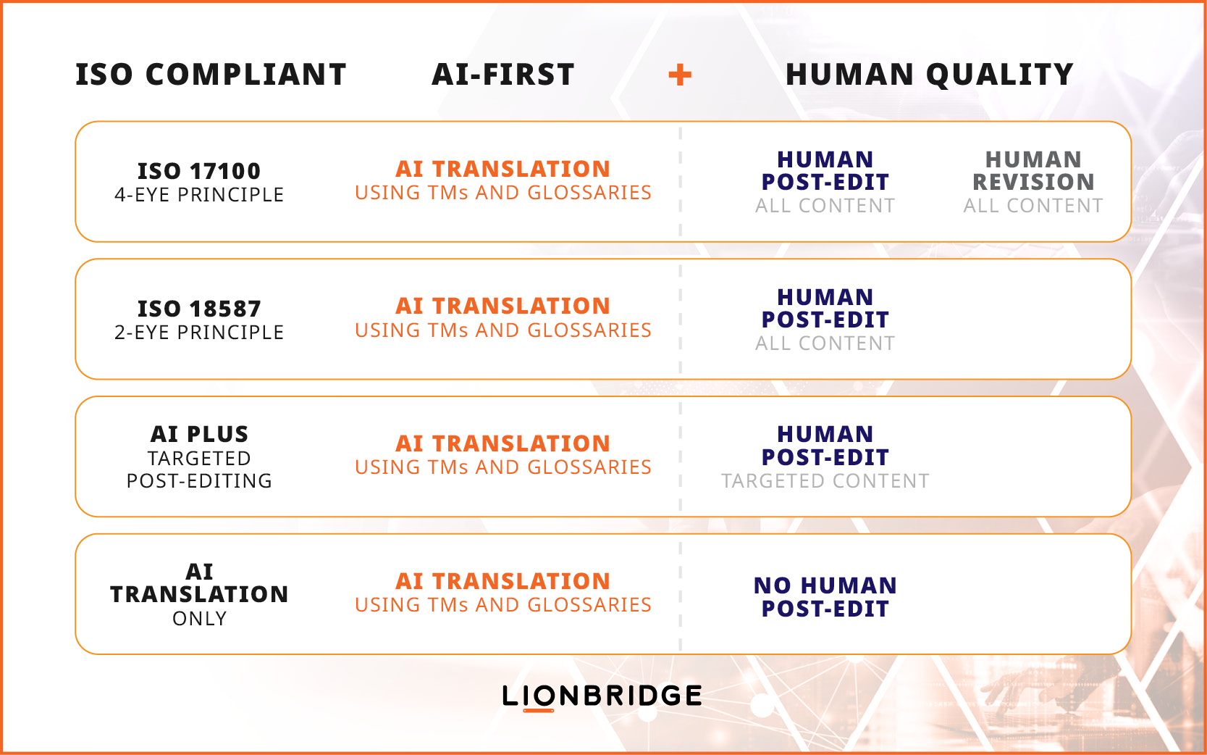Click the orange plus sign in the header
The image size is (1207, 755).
point(679,75)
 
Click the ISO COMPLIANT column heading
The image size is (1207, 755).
point(211,75)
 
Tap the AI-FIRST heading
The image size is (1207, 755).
point(503,75)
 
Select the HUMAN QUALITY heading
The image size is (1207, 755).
point(930,75)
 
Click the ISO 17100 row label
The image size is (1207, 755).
point(199,171)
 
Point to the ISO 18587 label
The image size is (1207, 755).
point(199,309)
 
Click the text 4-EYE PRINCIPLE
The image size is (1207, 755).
point(199,195)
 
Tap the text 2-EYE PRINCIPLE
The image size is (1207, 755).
point(199,332)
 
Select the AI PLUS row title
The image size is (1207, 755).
point(199,434)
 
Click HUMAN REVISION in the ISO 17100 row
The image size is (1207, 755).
point(1033,170)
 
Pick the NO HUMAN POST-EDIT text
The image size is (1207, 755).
point(825,597)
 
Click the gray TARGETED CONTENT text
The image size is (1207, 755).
point(825,480)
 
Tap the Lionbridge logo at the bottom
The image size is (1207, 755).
point(602,697)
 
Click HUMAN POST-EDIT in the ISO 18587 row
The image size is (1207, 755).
point(825,308)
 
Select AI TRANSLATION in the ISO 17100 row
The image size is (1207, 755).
point(502,169)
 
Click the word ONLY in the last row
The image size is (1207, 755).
point(199,619)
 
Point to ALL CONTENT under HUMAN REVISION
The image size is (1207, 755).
point(1033,206)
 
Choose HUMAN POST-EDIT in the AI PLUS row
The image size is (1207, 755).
point(825,446)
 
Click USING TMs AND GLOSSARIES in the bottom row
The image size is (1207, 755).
point(502,605)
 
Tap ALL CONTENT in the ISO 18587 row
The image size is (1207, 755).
point(825,343)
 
